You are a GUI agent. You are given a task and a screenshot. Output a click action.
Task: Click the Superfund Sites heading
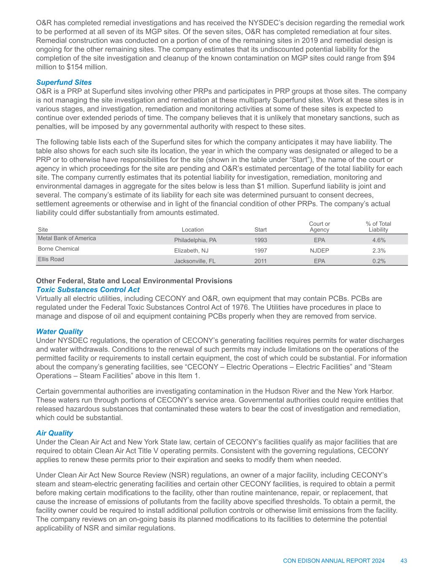[x=64, y=82]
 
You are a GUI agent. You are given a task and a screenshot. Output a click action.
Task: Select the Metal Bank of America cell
[x=67, y=238]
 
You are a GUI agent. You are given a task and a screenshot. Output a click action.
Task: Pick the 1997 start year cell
[x=260, y=251]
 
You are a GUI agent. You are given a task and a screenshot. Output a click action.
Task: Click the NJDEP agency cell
[x=319, y=251]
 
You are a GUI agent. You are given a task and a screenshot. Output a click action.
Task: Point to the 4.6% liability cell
[x=378, y=240]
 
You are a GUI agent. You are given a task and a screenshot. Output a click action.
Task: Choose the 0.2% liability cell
[x=378, y=261]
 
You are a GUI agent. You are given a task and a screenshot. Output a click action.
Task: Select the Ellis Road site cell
[x=51, y=260]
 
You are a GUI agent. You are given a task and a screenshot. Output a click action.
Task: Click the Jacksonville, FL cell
[x=195, y=261]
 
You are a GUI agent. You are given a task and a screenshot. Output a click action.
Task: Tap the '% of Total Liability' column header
[x=378, y=227]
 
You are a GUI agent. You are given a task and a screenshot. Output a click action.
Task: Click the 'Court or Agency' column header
[x=319, y=227]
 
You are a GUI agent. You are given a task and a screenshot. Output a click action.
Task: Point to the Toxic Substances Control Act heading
[x=88, y=289]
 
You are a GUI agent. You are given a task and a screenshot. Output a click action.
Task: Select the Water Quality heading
[x=59, y=332]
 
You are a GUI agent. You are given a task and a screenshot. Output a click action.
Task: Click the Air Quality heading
[x=54, y=433]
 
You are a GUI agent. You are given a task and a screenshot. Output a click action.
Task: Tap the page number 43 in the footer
[x=404, y=561]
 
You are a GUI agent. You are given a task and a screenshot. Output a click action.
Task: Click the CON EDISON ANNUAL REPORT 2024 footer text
[x=334, y=561]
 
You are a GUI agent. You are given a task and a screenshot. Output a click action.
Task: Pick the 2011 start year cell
[x=260, y=261]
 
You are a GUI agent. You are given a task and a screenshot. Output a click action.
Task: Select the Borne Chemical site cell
[x=59, y=249]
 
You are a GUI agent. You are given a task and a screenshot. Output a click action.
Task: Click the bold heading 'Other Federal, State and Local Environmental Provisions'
[x=134, y=281]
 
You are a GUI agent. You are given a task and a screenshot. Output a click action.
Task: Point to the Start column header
[x=261, y=230]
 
